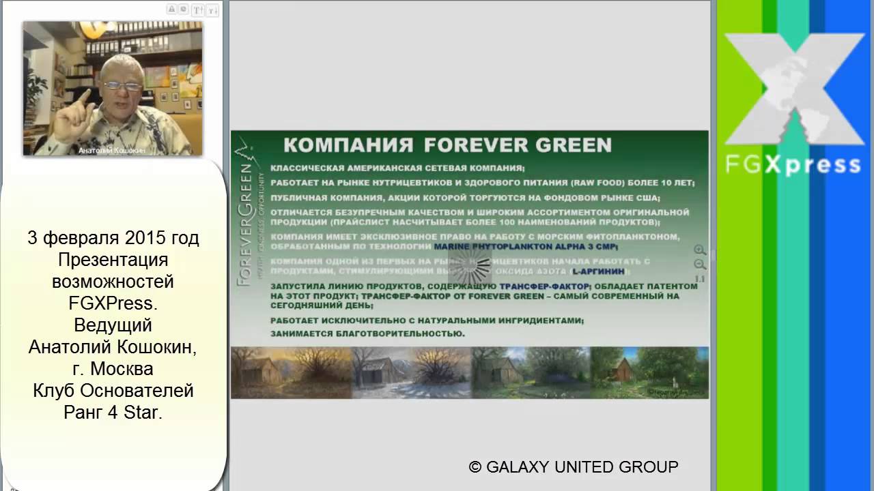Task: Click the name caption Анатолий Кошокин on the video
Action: pyautogui.click(x=112, y=150)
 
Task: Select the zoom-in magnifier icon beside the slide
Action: pyautogui.click(x=699, y=250)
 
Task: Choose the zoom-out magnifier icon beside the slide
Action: pyautogui.click(x=699, y=265)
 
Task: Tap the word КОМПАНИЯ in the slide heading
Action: pyautogui.click(x=348, y=145)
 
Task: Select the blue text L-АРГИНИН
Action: pyautogui.click(x=599, y=271)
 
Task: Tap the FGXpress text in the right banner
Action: pyautogui.click(x=792, y=164)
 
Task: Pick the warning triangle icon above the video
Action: pyautogui.click(x=171, y=10)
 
